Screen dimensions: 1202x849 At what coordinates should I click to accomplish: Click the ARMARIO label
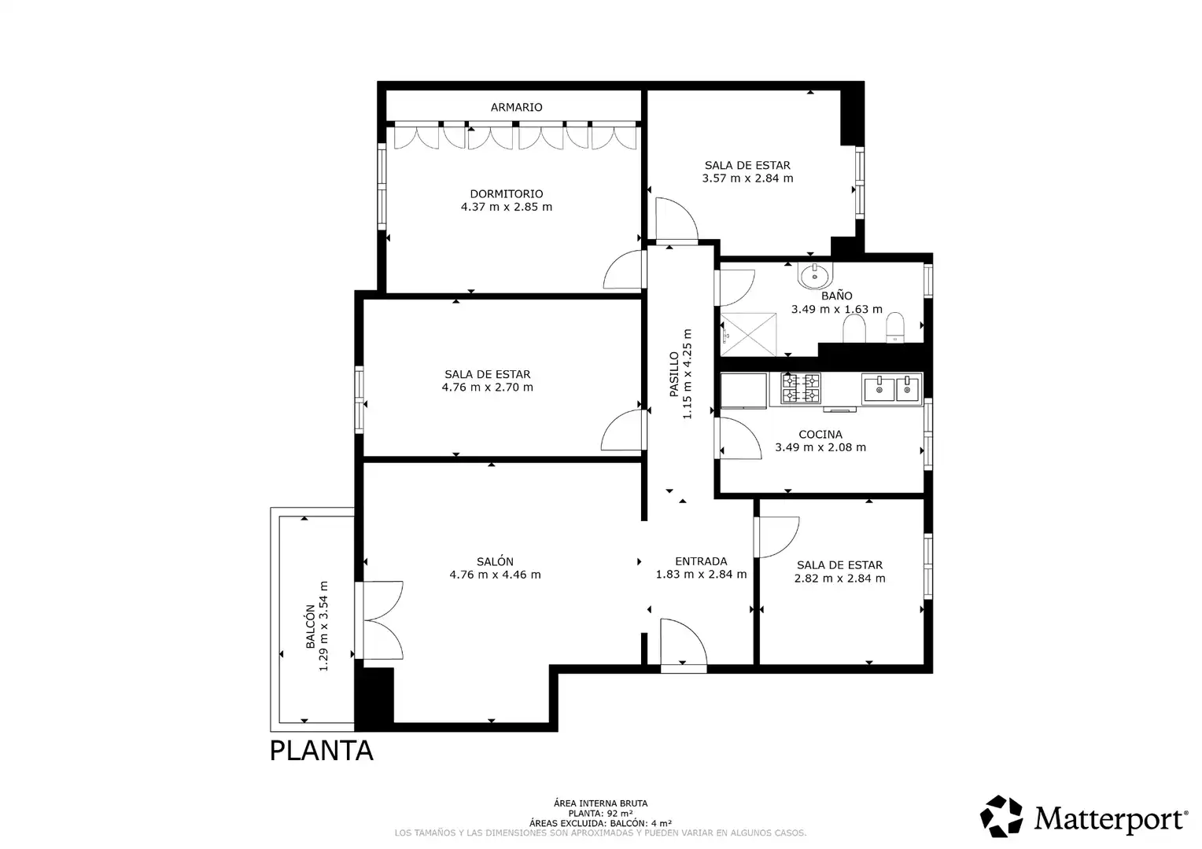tap(516, 107)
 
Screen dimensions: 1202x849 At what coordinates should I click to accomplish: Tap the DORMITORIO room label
tap(507, 193)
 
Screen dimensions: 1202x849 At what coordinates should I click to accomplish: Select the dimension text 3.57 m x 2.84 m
tap(747, 178)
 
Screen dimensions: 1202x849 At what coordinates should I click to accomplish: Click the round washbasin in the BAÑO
tap(815, 276)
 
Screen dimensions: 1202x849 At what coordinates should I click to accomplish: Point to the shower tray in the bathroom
tap(749, 335)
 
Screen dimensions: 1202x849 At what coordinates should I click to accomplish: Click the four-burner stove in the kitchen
tap(801, 388)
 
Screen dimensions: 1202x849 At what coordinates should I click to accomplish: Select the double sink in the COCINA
tap(892, 388)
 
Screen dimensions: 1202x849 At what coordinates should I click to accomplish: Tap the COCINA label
tap(820, 435)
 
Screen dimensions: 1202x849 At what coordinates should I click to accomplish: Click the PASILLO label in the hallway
tap(674, 374)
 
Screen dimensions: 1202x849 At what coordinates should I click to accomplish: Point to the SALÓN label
tap(496, 561)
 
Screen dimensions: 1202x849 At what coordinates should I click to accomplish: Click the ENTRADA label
tap(702, 561)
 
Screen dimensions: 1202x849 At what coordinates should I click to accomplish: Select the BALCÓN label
tap(310, 627)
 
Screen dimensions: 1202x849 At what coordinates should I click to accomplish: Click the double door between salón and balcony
tap(379, 620)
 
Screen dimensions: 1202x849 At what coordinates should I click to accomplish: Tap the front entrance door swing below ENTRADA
tap(684, 644)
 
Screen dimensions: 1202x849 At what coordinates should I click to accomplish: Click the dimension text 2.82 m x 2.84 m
tap(840, 578)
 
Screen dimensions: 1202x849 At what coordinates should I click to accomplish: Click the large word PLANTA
tap(321, 751)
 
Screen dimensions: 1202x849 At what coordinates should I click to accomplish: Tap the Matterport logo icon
tap(1001, 816)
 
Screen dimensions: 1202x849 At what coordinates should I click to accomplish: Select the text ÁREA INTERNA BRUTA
tap(600, 803)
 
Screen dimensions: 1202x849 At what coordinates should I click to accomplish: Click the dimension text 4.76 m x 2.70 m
tap(487, 388)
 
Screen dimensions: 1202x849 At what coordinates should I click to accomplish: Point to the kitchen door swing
tap(739, 438)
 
